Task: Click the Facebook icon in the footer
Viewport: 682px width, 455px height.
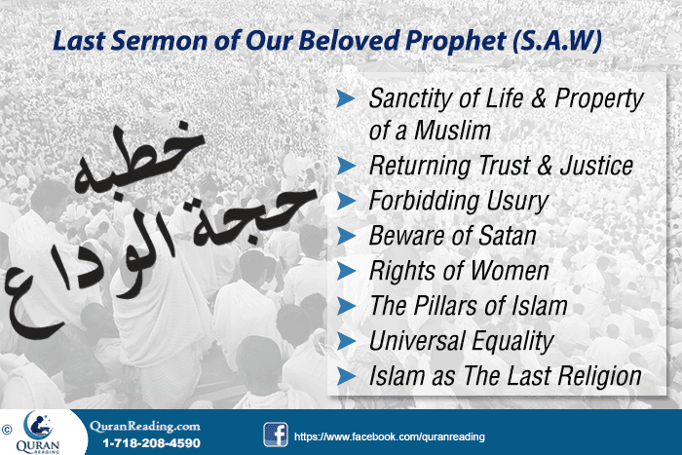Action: (275, 434)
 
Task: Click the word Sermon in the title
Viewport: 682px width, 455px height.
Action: (152, 42)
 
